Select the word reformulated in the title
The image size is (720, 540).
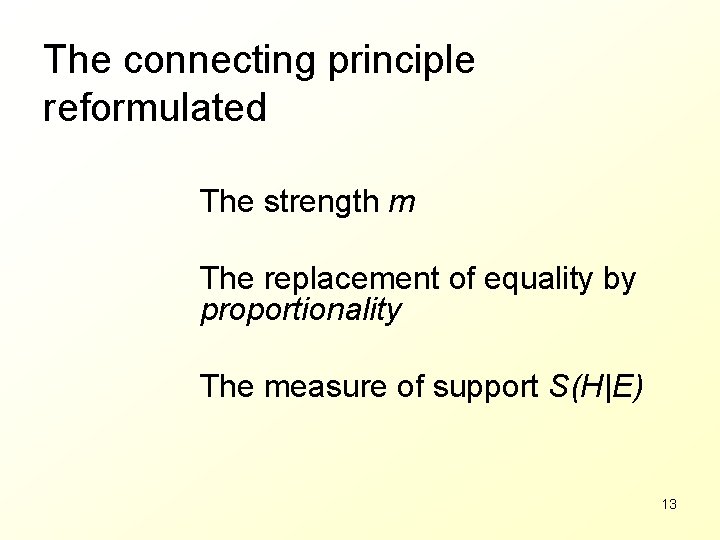[155, 108]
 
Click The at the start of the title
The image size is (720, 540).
[78, 60]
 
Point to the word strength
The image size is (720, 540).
[321, 202]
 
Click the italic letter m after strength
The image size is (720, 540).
[401, 204]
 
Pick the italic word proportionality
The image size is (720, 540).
[300, 310]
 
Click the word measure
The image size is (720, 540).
[313, 386]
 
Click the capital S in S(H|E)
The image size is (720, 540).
[559, 386]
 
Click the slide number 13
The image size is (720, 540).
[669, 504]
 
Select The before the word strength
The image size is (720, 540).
[227, 202]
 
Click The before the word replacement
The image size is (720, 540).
[227, 279]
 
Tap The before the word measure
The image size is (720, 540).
[227, 386]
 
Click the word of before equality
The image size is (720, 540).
[462, 279]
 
